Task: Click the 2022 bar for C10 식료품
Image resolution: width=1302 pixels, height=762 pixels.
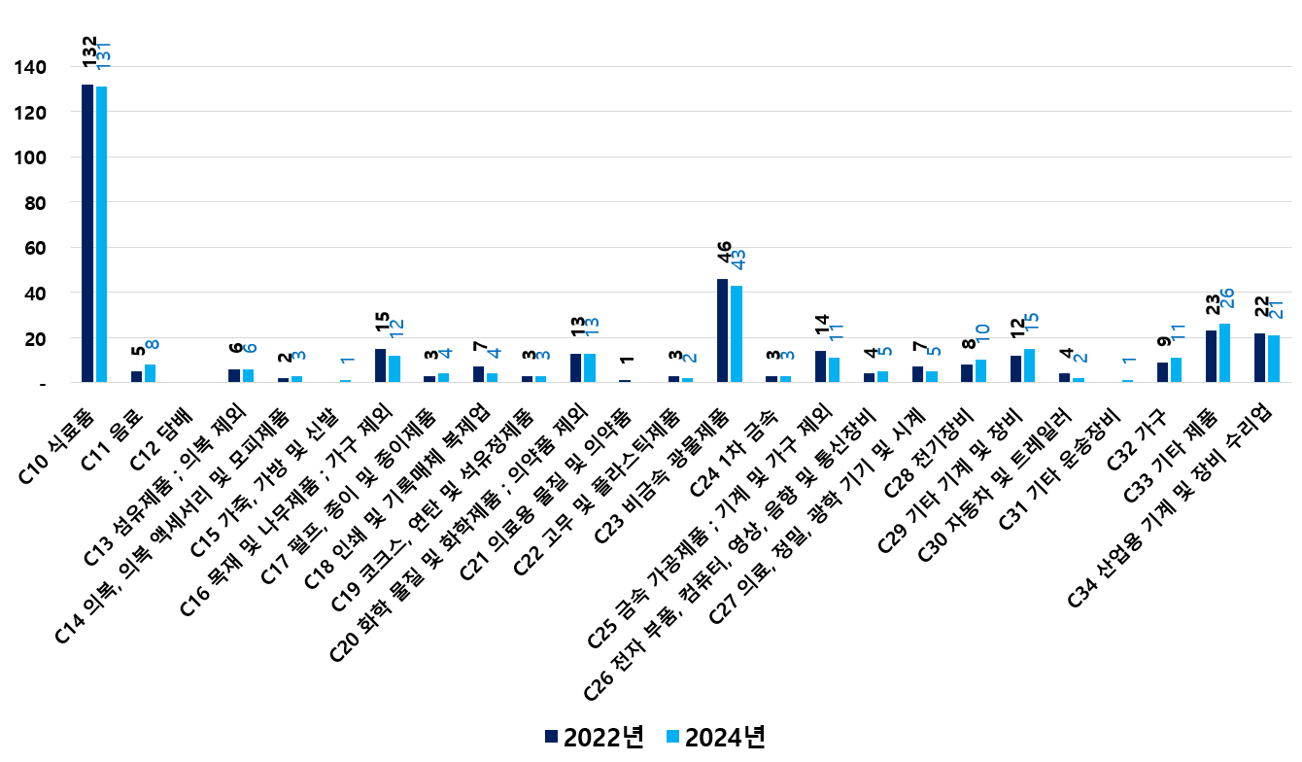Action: pos(87,233)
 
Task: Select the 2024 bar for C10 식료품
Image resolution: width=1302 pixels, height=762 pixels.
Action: pos(101,234)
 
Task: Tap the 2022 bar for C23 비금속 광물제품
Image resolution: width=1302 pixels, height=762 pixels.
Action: pos(723,330)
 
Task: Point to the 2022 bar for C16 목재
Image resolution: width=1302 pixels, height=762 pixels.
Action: pos(380,365)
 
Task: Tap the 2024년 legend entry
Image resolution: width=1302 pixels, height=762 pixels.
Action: pos(714,737)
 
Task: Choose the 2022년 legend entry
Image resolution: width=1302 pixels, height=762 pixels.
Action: pos(594,737)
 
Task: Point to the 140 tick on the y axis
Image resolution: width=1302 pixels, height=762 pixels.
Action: pos(30,68)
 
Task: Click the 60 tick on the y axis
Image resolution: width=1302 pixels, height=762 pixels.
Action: pos(34,248)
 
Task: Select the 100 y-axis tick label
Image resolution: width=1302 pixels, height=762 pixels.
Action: pos(30,157)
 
